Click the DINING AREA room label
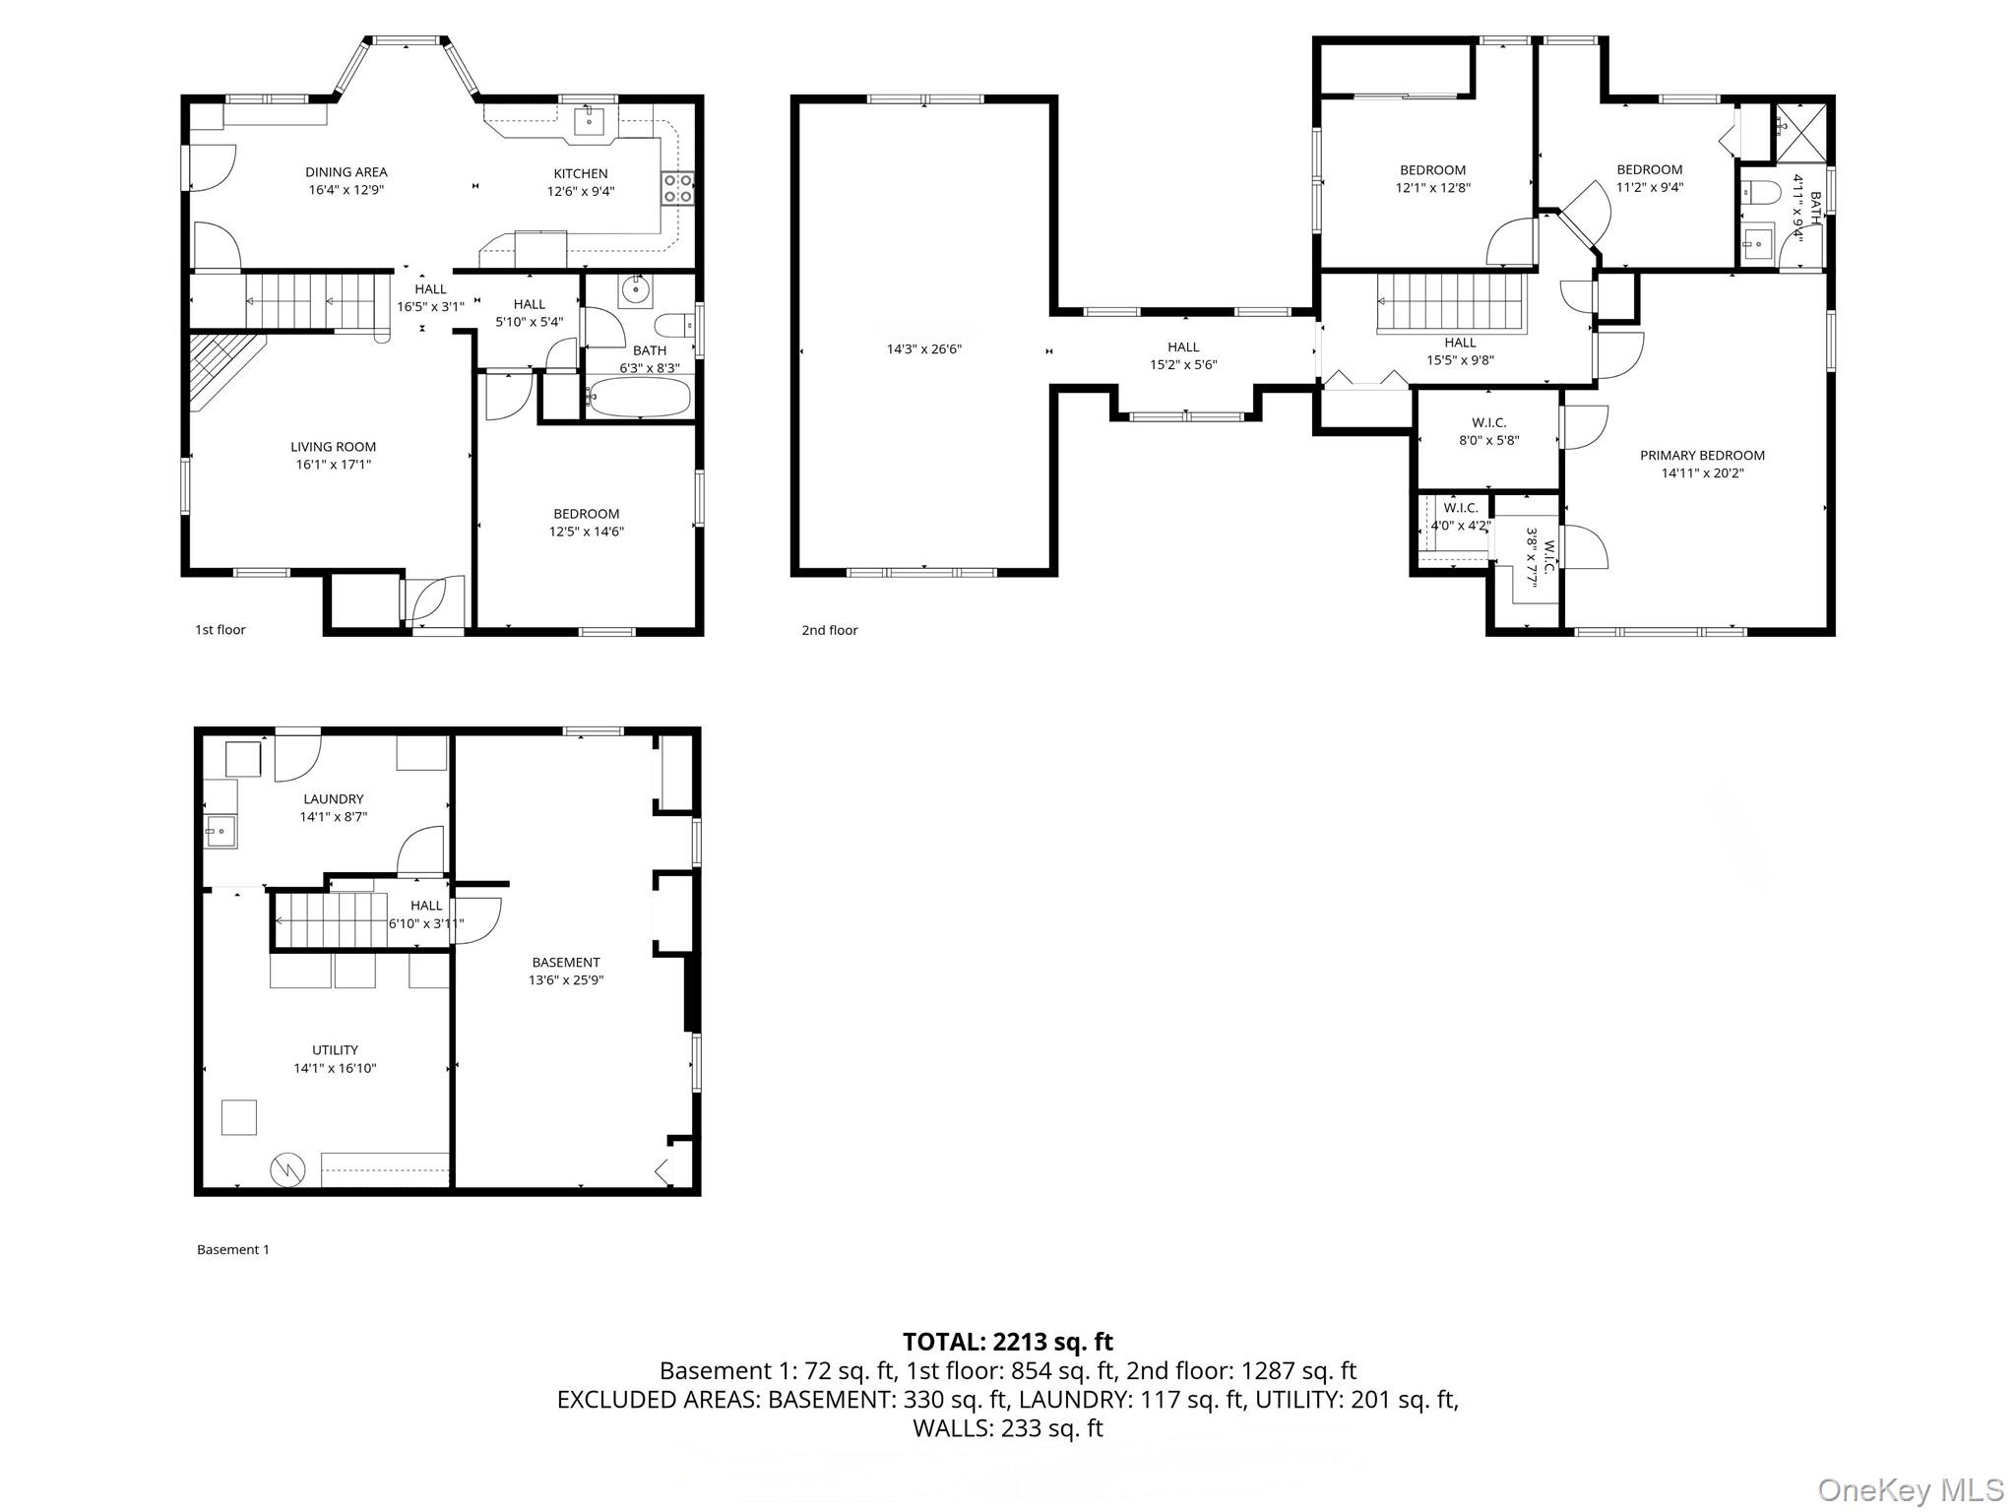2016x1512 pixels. click(x=346, y=172)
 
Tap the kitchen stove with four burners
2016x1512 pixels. click(x=677, y=188)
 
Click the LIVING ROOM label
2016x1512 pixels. click(x=333, y=447)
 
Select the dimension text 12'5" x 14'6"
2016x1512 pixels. click(x=586, y=532)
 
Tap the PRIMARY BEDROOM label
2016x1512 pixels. click(x=1702, y=456)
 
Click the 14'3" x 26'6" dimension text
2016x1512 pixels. click(x=923, y=348)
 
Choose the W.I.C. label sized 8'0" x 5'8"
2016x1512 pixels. click(x=1488, y=423)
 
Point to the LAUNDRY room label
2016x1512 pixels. click(x=334, y=799)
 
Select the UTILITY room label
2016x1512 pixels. click(x=335, y=1050)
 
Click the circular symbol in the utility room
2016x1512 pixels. click(x=288, y=1170)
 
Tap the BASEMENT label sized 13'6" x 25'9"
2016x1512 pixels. click(x=565, y=963)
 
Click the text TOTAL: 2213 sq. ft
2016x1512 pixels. click(x=1007, y=1342)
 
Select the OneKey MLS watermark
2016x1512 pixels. click(x=1910, y=1489)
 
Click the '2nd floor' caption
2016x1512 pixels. click(x=829, y=630)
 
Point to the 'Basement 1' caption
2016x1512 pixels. click(x=232, y=1250)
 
